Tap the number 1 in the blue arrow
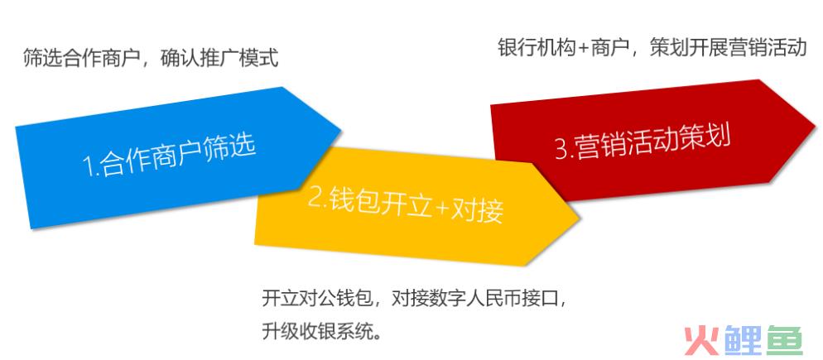89,167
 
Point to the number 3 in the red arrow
561,149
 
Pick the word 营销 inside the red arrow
599,145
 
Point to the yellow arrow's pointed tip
579,217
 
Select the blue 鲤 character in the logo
742,340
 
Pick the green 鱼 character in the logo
784,340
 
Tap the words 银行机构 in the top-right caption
537,48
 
